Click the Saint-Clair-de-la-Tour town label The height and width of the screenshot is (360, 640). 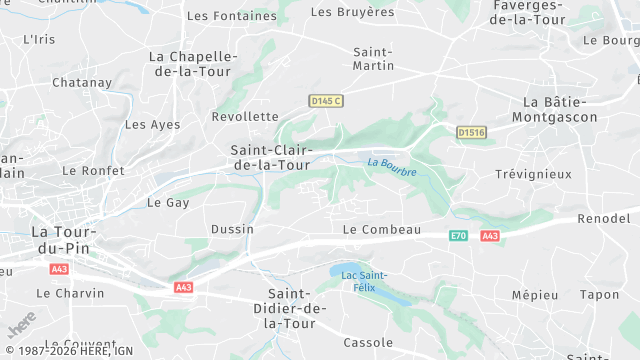tap(270, 157)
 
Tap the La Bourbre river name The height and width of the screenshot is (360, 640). tap(391, 164)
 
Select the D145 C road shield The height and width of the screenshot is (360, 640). tap(325, 101)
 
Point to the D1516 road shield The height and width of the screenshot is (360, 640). tap(470, 132)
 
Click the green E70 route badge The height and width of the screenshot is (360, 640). tap(458, 236)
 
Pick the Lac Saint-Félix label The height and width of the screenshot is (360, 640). tap(363, 281)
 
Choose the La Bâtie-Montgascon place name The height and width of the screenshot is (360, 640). tap(560, 110)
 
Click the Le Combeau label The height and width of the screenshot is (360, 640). tap(381, 230)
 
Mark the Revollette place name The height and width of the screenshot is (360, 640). tap(245, 116)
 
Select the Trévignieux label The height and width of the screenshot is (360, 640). tap(533, 174)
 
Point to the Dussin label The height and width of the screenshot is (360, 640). tap(232, 229)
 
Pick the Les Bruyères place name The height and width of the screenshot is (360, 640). tap(353, 12)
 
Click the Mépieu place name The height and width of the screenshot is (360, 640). tap(534, 295)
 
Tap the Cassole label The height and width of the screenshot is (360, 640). tap(368, 342)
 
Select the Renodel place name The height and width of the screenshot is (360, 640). tap(604, 218)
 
